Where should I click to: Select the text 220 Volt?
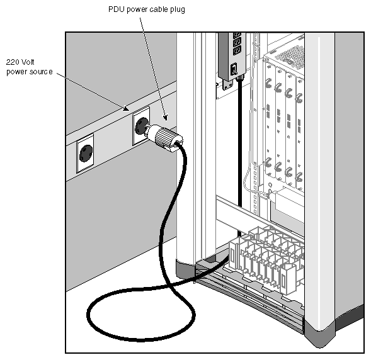pos(19,63)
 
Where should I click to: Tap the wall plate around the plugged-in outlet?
pos(141,127)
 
